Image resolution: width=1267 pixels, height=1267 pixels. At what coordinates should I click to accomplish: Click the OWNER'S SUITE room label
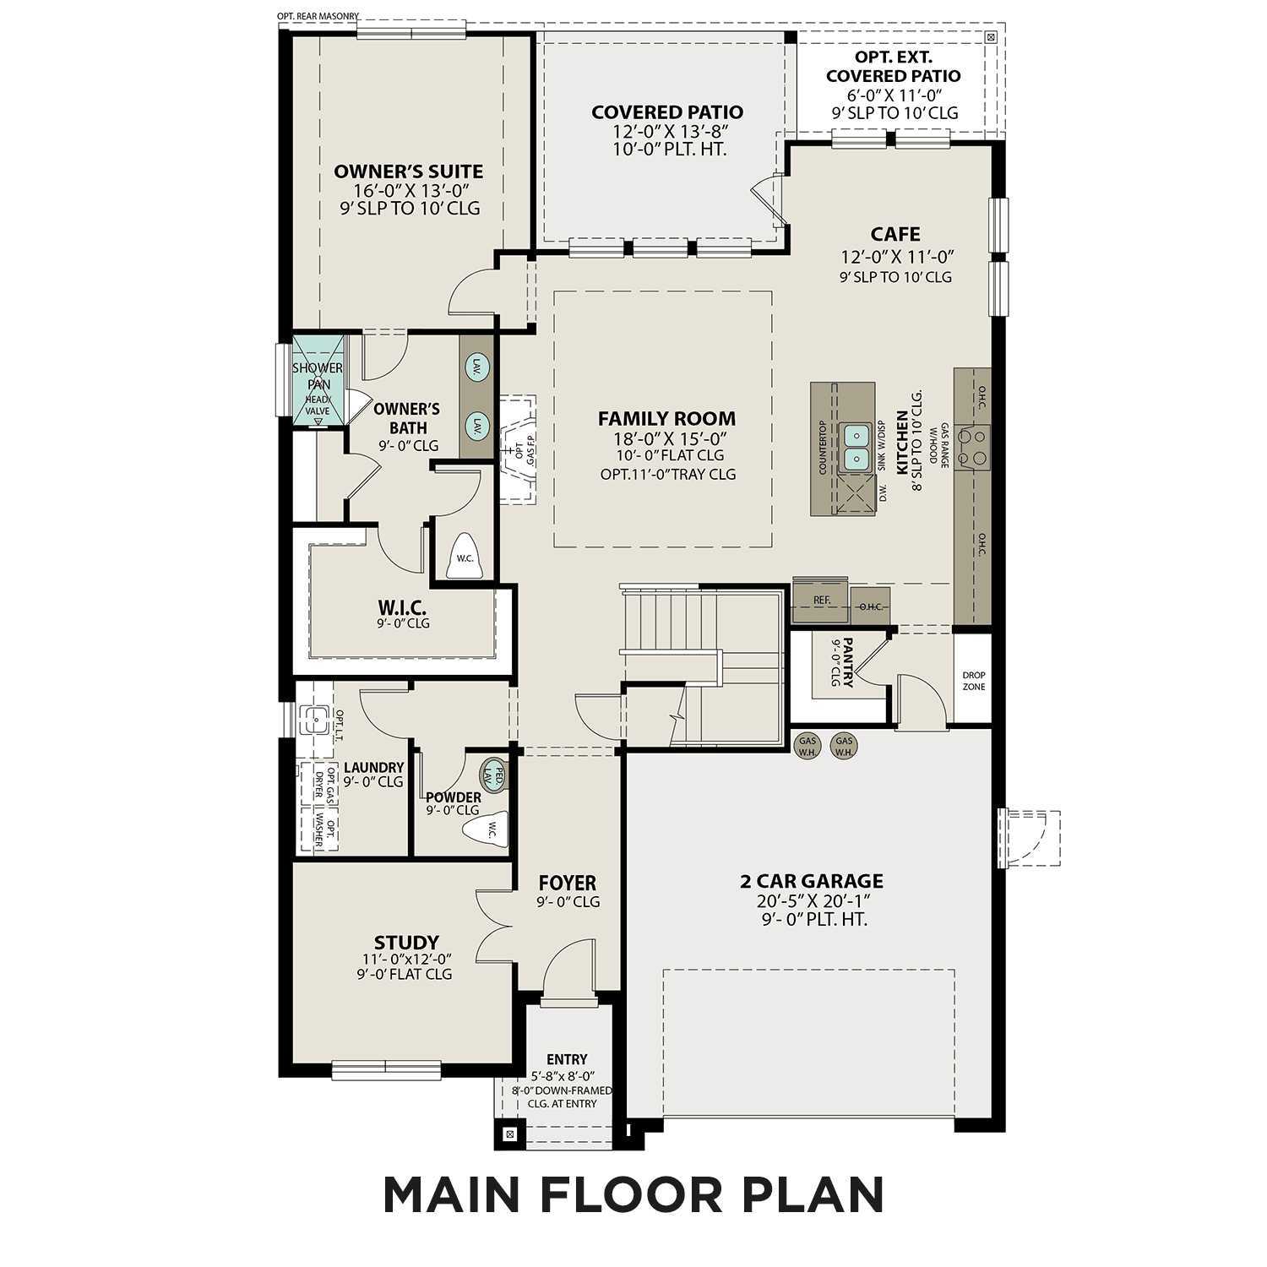(408, 171)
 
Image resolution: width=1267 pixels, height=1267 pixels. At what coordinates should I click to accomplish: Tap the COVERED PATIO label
(666, 112)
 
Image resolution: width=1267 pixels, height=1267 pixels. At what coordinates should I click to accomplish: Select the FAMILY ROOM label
(666, 418)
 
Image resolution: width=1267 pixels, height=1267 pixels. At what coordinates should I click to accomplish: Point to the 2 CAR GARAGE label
(811, 881)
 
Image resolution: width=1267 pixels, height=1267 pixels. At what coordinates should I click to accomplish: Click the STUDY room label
(406, 942)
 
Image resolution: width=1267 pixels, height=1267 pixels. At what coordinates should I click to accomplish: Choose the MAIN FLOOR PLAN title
(633, 1194)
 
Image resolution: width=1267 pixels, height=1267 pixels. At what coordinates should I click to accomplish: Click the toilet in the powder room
(488, 829)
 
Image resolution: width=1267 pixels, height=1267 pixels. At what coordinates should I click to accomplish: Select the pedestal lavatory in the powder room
(494, 775)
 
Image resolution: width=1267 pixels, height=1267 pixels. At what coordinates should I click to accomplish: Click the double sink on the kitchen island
(856, 447)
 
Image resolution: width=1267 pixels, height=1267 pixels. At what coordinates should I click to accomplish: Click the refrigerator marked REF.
(821, 601)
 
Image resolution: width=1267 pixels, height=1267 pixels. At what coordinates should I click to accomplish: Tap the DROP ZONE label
(973, 681)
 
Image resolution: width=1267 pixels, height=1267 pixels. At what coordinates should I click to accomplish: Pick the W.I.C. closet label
(402, 608)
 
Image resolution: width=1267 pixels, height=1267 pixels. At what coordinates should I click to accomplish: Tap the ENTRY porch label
(566, 1059)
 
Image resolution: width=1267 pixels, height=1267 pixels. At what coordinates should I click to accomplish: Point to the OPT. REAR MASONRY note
(318, 15)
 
